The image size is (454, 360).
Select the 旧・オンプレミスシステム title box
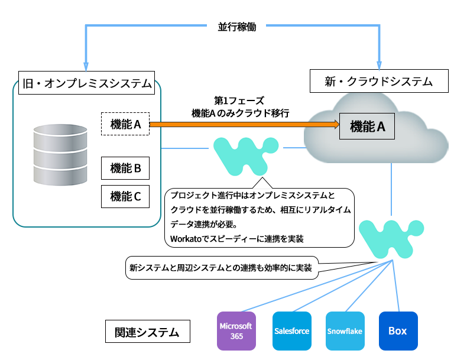coord(86,83)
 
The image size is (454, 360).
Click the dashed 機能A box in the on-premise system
coord(125,124)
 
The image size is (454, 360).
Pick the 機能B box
coord(125,168)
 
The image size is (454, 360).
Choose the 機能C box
coord(125,197)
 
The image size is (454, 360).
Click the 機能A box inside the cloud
coord(367,126)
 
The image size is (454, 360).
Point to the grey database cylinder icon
coord(60,155)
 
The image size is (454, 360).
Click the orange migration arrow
coord(242,124)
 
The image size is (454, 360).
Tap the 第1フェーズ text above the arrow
coord(239,100)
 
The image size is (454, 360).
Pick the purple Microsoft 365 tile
coord(236,331)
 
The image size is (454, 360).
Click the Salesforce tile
coord(291,331)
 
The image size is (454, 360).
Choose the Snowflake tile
coord(345,331)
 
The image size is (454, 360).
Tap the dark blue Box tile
coord(398,331)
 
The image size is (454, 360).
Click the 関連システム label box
coord(147,332)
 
